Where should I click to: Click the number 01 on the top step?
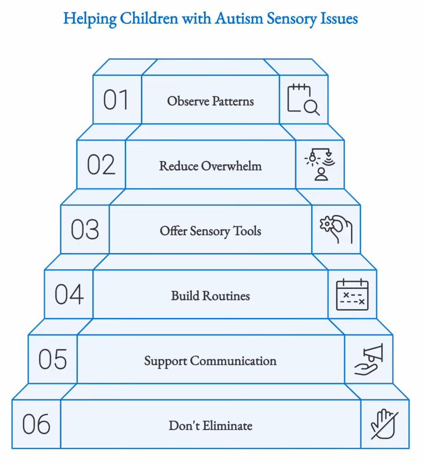116,100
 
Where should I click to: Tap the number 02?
101,165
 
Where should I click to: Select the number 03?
85,230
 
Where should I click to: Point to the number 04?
69,294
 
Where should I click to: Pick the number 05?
53,359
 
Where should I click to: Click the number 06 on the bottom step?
37,424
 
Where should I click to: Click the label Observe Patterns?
211,101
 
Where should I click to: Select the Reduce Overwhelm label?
211,166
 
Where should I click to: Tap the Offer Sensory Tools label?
211,231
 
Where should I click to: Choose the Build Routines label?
211,296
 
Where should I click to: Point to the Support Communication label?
210,361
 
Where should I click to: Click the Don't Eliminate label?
211,426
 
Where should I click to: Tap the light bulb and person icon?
320,164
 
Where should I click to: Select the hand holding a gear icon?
336,230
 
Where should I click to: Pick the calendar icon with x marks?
352,294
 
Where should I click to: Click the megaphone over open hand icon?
369,359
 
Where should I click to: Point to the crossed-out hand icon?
384,424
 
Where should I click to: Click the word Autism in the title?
239,18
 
